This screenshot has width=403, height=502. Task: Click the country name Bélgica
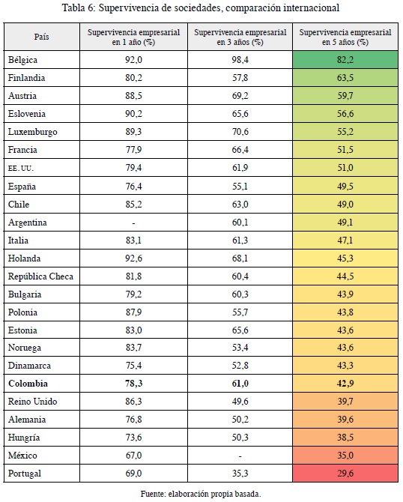(22, 60)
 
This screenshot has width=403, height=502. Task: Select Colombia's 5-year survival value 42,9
(345, 384)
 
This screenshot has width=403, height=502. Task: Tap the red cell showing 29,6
(345, 474)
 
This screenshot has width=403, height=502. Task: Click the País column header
(42, 37)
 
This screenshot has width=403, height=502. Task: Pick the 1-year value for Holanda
(133, 258)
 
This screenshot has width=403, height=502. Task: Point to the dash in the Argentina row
(133, 223)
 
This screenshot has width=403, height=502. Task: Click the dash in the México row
(240, 456)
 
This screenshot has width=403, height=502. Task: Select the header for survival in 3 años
(240, 37)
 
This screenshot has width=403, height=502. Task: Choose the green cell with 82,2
(345, 59)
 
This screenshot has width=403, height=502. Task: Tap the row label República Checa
(40, 276)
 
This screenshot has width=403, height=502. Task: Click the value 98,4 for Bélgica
(240, 60)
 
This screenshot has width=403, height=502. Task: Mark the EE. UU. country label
(21, 168)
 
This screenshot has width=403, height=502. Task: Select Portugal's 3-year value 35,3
(240, 474)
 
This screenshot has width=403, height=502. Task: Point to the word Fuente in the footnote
(153, 494)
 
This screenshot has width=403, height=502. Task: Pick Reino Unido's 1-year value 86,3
(133, 402)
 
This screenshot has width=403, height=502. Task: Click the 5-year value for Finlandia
(345, 78)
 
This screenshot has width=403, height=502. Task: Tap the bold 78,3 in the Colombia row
(133, 384)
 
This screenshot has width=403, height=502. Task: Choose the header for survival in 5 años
(345, 37)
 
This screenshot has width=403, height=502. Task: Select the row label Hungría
(24, 438)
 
